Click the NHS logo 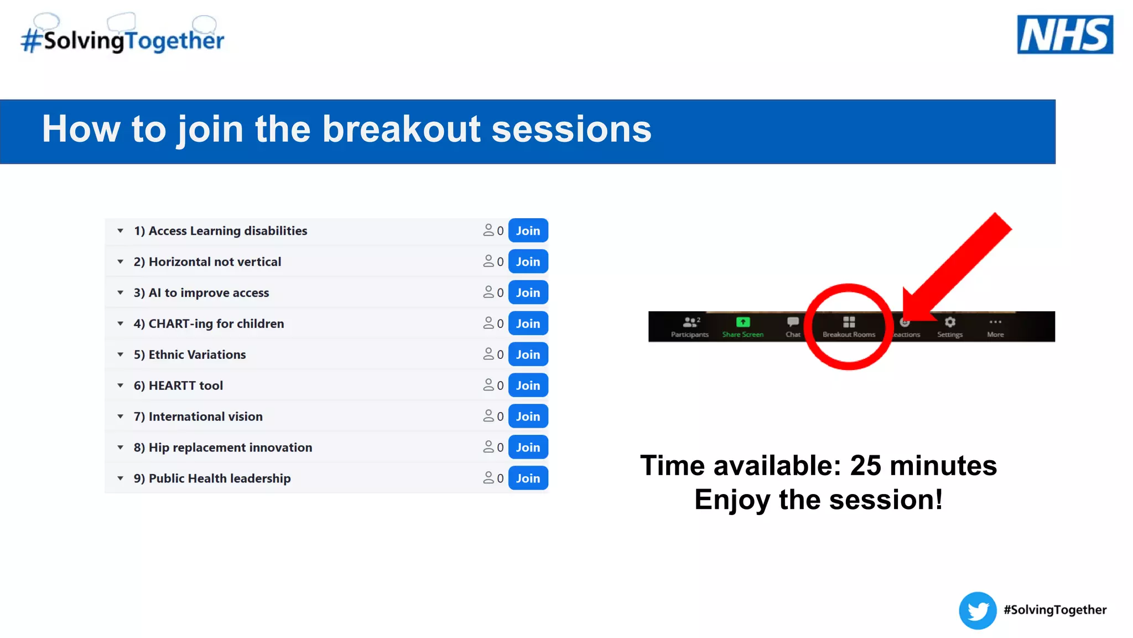(x=1064, y=34)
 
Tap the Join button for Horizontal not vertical (x=528, y=261)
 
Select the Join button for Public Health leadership (x=528, y=478)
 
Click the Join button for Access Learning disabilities (x=528, y=230)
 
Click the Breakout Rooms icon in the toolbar (x=849, y=322)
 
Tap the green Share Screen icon (x=742, y=322)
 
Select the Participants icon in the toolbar (x=690, y=322)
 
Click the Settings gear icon (x=950, y=322)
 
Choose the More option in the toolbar (x=995, y=322)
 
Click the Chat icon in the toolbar (x=793, y=322)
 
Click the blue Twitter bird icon (x=978, y=610)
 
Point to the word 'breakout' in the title (x=401, y=129)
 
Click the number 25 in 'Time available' (x=866, y=465)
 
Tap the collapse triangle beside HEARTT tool (x=120, y=385)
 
